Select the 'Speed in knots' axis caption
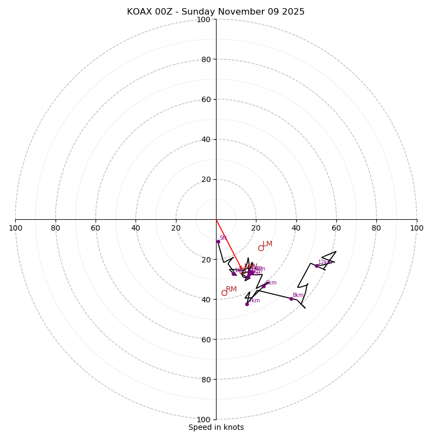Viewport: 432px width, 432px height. click(216, 427)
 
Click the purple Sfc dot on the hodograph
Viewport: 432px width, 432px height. click(218, 241)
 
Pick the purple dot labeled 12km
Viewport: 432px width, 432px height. click(316, 266)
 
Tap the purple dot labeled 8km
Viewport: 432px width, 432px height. click(291, 299)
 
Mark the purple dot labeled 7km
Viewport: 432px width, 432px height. click(247, 304)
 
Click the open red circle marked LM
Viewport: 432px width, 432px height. click(261, 248)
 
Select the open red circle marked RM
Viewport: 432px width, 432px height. click(224, 293)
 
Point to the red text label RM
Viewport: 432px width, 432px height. click(231, 289)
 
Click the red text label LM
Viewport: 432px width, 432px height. click(267, 244)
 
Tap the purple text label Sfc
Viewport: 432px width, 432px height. click(223, 238)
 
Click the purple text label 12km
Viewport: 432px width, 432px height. click(325, 262)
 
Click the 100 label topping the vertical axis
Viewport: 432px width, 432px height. click(204, 19)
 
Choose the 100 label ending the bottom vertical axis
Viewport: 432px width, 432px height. click(204, 420)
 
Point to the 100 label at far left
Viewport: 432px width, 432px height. click(16, 228)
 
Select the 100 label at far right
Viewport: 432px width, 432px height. click(416, 228)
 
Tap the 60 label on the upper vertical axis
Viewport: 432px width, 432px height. click(205, 99)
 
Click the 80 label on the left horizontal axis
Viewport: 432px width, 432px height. click(56, 228)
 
